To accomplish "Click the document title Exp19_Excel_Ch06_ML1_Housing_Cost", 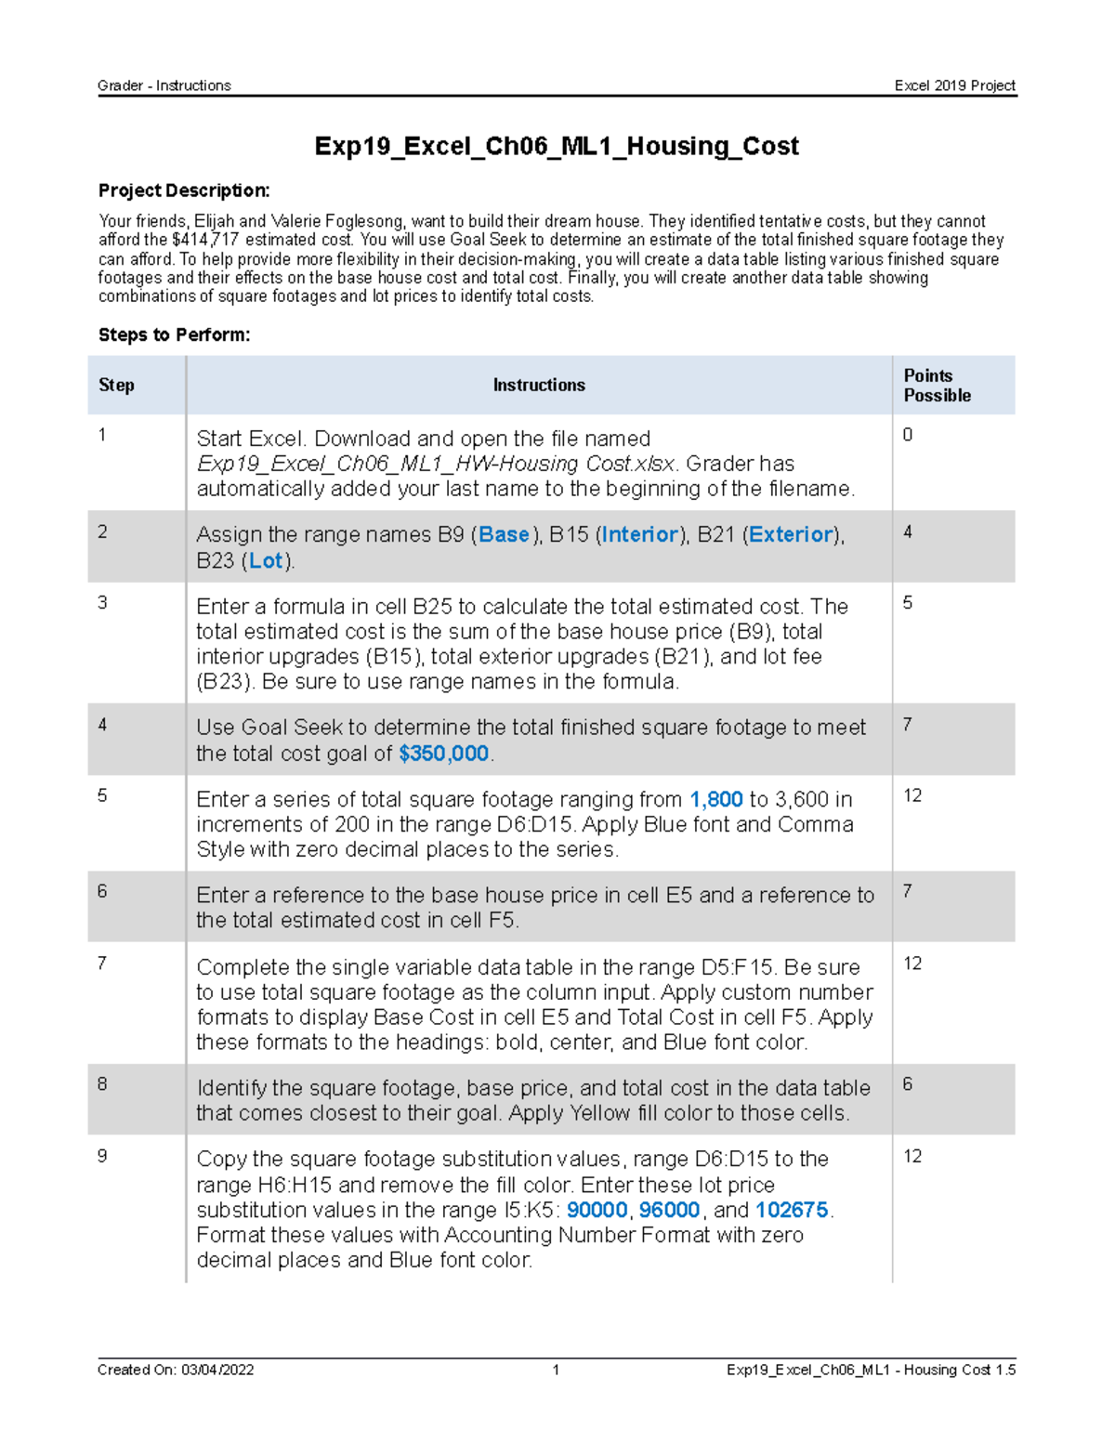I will pos(557,146).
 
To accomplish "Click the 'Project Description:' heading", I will pos(184,190).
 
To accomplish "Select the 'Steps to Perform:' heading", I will pos(174,335).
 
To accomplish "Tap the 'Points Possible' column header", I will pos(937,385).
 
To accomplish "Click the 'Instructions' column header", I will pos(539,385).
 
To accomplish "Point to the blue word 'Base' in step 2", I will pos(504,534).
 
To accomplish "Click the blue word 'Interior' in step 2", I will pos(640,534).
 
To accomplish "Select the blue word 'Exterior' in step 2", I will pos(791,534).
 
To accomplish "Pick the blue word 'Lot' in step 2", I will pos(266,560).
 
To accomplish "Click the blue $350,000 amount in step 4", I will pos(443,754).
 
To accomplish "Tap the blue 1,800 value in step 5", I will pos(715,799).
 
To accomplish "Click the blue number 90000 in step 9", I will pos(597,1210).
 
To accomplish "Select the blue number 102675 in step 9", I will pos(792,1210).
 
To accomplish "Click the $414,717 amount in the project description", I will pos(205,240).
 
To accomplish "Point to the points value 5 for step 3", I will pos(908,603).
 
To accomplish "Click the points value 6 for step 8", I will pos(908,1084).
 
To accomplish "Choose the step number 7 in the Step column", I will pos(102,964).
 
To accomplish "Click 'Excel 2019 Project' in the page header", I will pos(954,85).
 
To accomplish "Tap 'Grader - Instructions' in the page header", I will pos(164,85).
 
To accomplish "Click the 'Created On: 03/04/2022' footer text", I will pos(176,1370).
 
